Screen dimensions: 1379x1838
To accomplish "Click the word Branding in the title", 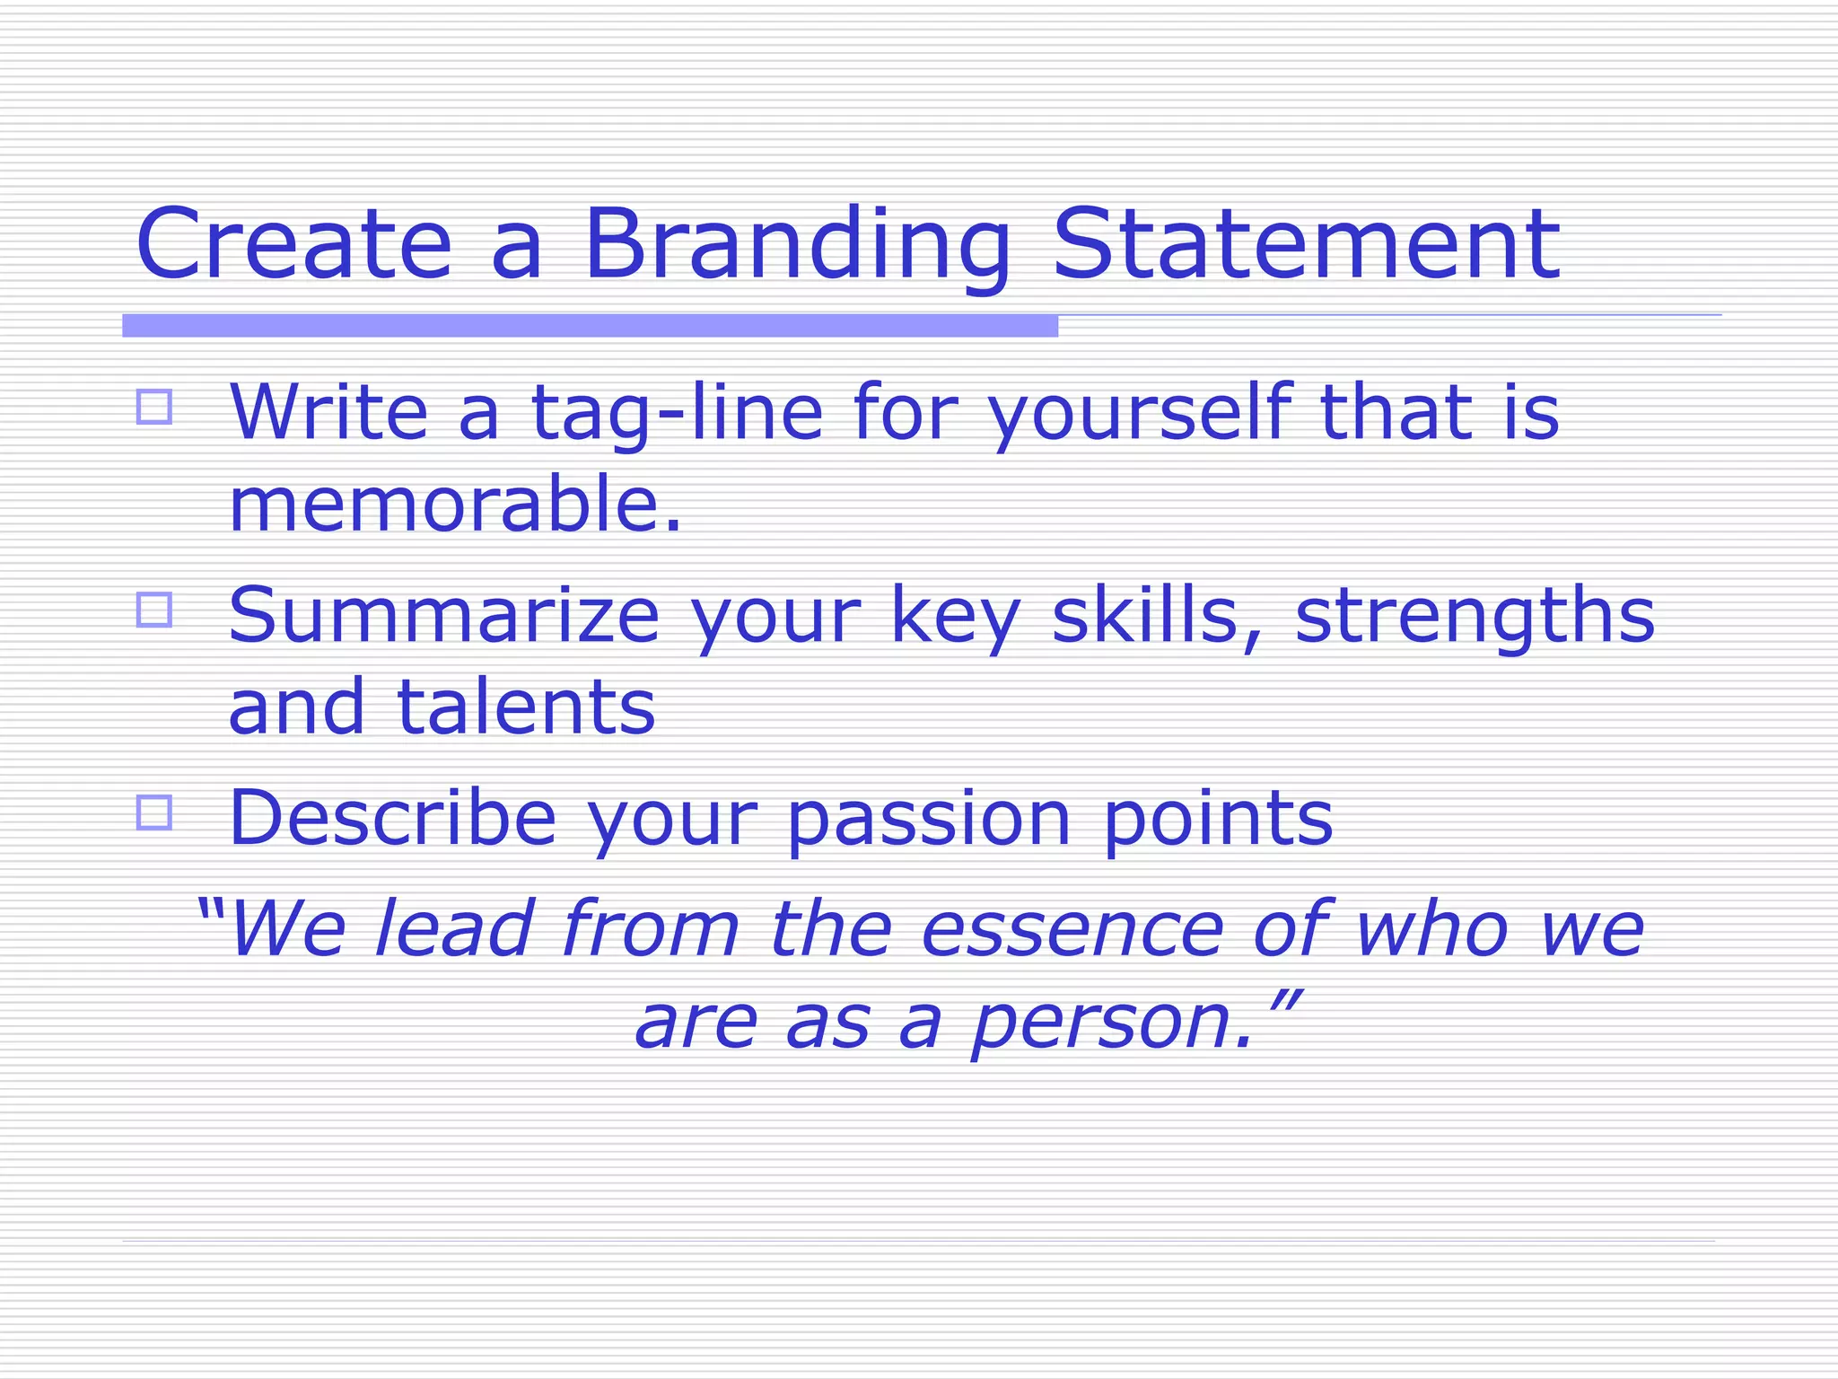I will coord(797,244).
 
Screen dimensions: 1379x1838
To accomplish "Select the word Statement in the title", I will coord(1306,244).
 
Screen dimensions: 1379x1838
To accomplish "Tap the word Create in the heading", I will coord(293,244).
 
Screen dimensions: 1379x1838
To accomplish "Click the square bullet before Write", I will coord(154,407).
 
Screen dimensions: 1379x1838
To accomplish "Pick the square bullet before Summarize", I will coord(154,610).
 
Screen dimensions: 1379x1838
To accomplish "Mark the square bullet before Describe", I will coord(154,812).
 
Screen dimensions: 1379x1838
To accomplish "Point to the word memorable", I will coord(455,505).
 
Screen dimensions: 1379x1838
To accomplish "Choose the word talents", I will coord(526,707).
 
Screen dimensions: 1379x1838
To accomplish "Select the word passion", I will coord(929,819).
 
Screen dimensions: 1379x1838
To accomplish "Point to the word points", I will coord(1218,819).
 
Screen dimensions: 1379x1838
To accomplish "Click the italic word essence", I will coord(1072,930).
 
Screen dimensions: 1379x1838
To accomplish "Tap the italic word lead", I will coord(454,930).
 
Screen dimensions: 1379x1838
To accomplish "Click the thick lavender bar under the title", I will coord(590,326).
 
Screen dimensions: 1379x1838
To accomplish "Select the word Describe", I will coord(393,819).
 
